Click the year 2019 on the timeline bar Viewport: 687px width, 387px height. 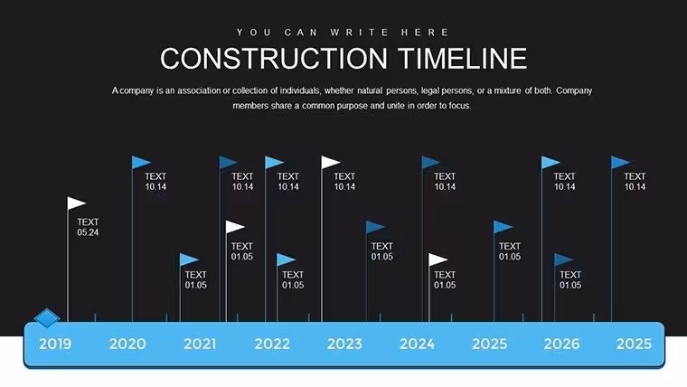coord(55,344)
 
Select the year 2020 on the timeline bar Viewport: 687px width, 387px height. coord(127,344)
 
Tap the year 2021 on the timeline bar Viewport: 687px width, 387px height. coord(200,344)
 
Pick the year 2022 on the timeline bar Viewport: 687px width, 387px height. coord(272,344)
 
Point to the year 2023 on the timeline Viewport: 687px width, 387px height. coord(344,344)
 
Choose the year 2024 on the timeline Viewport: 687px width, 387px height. coord(417,344)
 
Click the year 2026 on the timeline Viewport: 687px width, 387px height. coord(561,344)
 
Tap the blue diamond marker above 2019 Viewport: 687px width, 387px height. coord(47,317)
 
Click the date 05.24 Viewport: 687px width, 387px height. coord(88,232)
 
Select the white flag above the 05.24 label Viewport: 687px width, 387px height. coord(76,203)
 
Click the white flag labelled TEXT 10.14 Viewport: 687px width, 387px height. coord(330,163)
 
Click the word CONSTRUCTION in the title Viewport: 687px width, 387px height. coord(274,58)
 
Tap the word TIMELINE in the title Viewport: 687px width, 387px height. coord(463,58)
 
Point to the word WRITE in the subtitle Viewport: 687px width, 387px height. coord(359,33)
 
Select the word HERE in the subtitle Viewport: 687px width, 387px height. coord(425,33)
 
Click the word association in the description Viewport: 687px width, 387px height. coord(199,90)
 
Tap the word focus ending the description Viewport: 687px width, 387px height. coord(460,106)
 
